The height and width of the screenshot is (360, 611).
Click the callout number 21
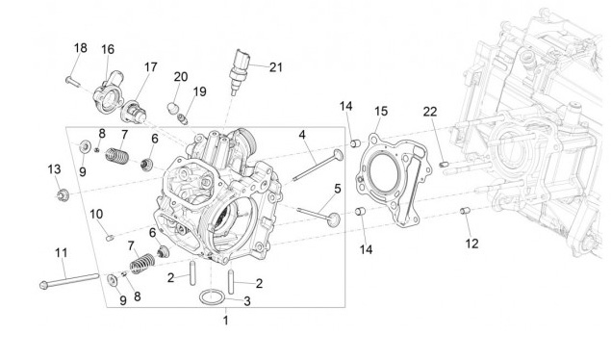276,67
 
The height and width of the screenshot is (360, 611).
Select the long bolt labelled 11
69,281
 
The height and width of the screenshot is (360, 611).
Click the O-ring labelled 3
213,297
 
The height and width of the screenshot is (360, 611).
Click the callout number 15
381,112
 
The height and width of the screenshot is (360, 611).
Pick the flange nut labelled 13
63,194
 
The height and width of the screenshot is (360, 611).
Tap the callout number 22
430,112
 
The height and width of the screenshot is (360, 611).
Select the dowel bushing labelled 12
465,211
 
